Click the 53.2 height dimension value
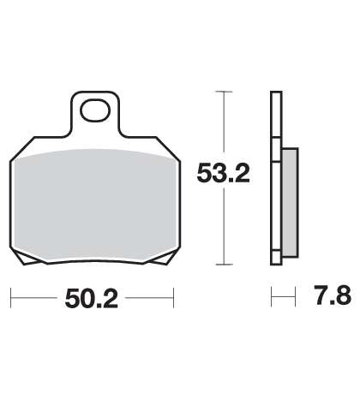(x=224, y=173)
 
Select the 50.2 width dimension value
(x=92, y=299)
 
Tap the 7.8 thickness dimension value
(x=333, y=295)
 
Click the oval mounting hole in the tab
(x=95, y=110)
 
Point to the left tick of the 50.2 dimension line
(x=10, y=298)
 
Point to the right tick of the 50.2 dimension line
(x=173, y=298)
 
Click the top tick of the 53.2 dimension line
(x=224, y=92)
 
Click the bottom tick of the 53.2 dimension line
(x=224, y=265)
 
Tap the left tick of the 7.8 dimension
(x=272, y=297)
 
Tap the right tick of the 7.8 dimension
(x=295, y=297)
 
